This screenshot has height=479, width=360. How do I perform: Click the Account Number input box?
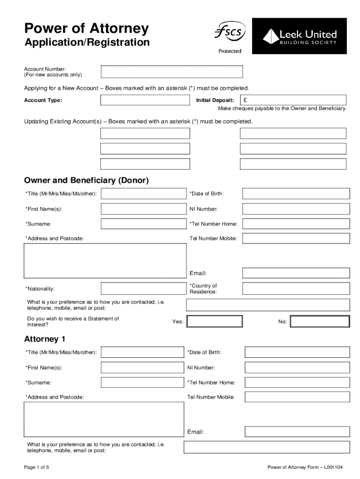(172, 72)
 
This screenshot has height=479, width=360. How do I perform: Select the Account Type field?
(145, 100)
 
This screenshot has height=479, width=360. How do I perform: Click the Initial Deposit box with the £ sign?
(293, 100)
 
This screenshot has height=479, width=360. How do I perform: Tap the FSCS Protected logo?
(230, 36)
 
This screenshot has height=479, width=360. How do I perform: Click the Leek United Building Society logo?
(299, 36)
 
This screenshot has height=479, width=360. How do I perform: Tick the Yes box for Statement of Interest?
(215, 321)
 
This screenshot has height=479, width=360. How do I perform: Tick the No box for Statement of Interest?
(319, 321)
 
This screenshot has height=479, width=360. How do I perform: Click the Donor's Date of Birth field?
(296, 194)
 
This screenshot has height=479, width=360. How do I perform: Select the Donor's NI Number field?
(296, 209)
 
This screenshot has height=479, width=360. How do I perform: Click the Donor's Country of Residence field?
(296, 288)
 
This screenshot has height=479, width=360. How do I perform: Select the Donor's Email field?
(296, 273)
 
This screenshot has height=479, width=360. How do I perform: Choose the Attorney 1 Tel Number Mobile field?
(297, 397)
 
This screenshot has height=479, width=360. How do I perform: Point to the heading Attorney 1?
(45, 339)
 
